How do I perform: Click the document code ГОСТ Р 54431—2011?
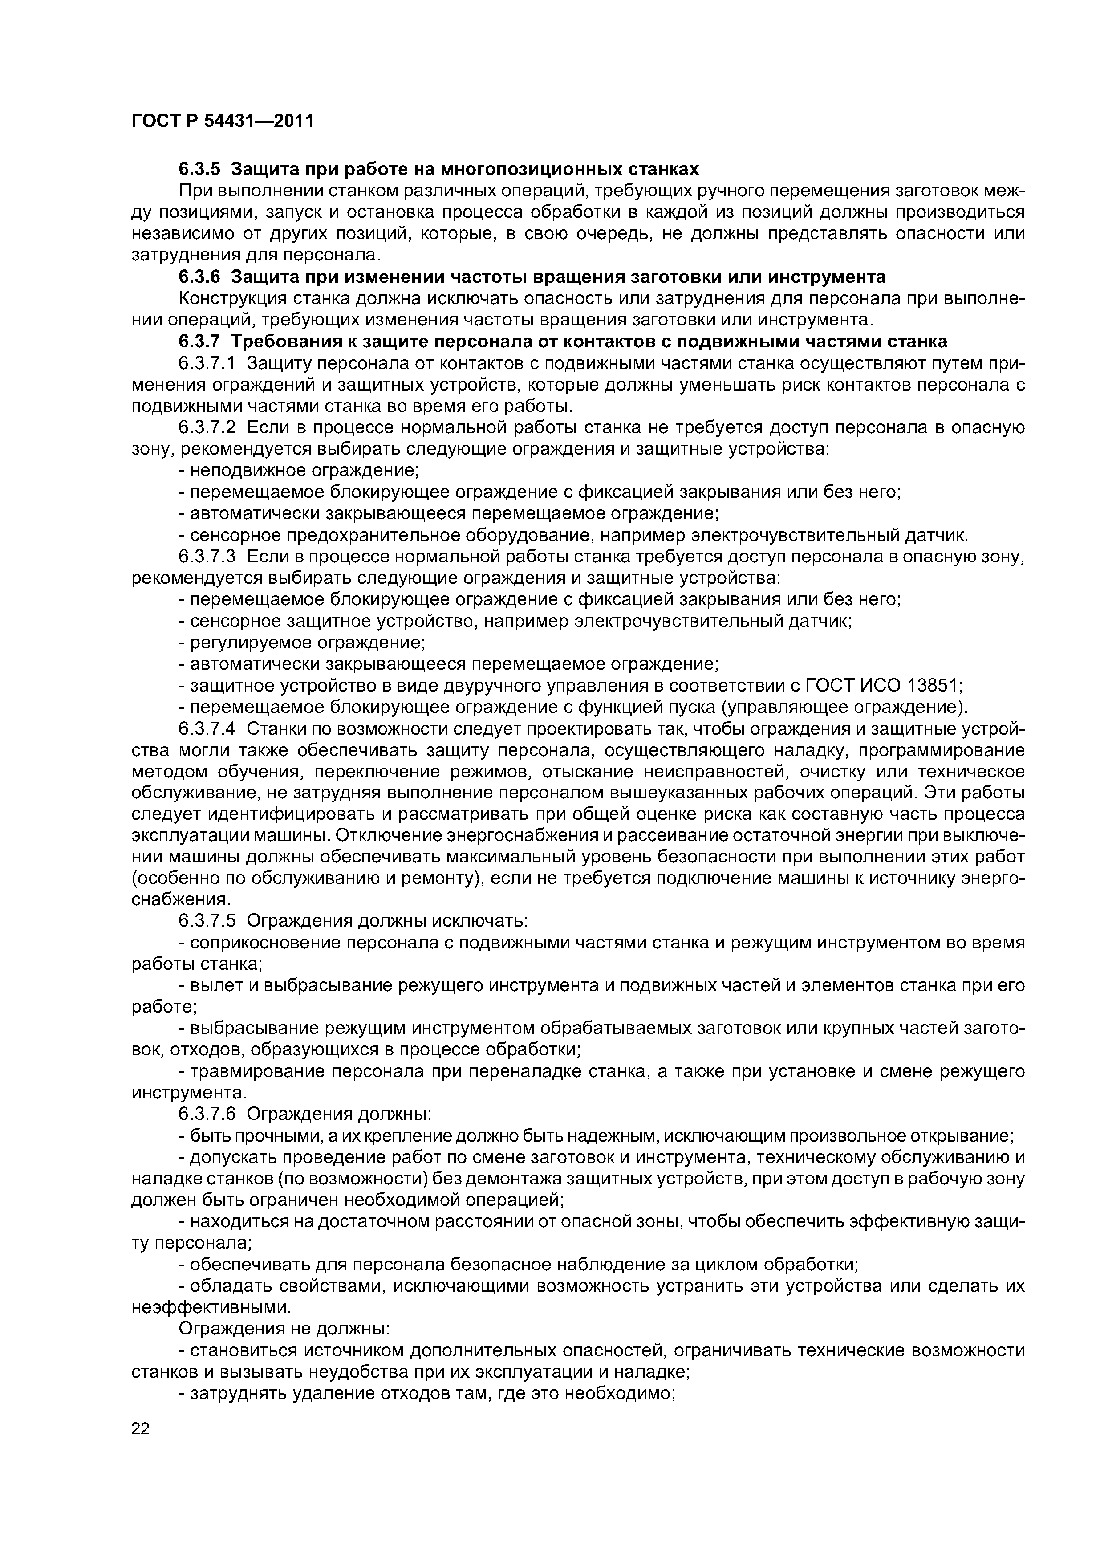click(x=223, y=122)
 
